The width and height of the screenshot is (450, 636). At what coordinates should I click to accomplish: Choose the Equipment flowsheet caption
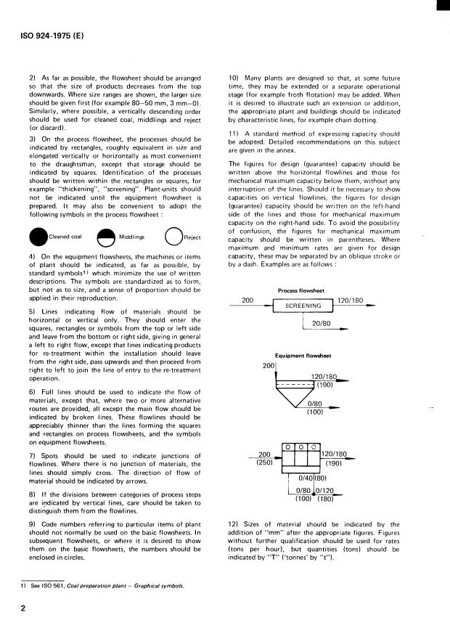[x=300, y=356]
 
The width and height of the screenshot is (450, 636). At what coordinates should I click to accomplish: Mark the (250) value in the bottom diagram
[x=264, y=462]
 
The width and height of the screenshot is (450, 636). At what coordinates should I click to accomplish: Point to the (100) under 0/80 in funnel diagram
[x=314, y=412]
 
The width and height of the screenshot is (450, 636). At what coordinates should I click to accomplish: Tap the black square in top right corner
[x=443, y=6]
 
